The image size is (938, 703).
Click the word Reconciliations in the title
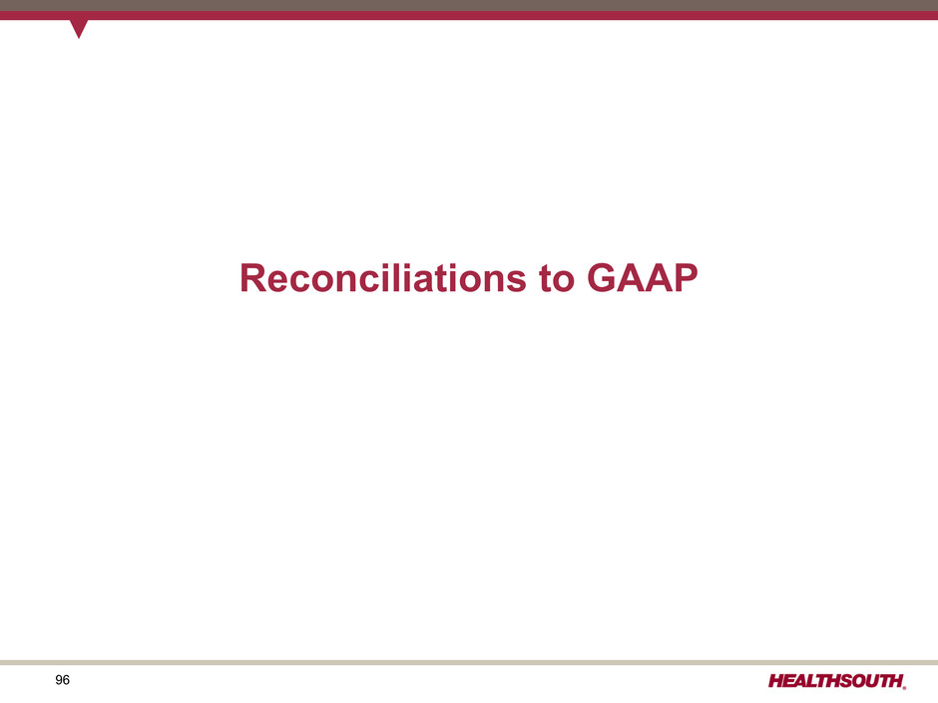pos(383,278)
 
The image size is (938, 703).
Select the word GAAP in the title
pos(642,278)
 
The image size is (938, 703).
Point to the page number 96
pos(62,680)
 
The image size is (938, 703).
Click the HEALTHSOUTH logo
pos(837,681)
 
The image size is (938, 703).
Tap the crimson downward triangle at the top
pos(79,28)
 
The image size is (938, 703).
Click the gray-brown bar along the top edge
pos(469,5)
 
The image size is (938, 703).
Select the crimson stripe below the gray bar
pos(469,16)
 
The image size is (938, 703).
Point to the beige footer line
pos(469,662)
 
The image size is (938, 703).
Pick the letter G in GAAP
pos(601,278)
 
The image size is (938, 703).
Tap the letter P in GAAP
pos(685,278)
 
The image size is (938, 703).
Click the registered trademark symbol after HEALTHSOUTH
pos(904,687)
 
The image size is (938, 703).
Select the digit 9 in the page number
pos(59,680)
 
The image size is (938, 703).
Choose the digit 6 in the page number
pos(67,680)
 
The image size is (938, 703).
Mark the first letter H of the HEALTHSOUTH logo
pos(776,681)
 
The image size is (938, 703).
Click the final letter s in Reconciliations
pos(517,282)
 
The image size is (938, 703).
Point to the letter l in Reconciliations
pos(394,278)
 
